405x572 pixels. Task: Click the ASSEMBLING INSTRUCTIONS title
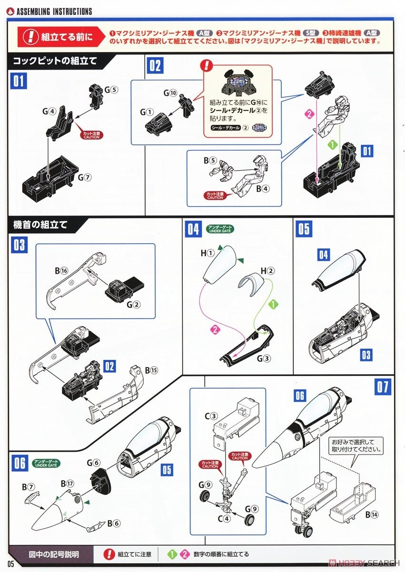[x=54, y=11]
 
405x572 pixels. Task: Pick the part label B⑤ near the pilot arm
[x=210, y=160]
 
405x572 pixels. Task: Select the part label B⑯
[x=61, y=270]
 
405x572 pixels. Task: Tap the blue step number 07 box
[x=383, y=386]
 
